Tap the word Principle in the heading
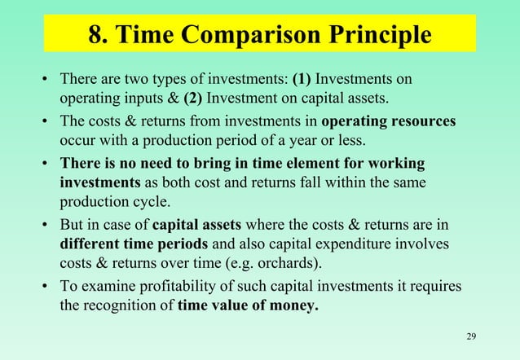tap(381, 37)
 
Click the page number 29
tap(471, 337)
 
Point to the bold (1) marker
tap(302, 80)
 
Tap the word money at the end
tap(292, 307)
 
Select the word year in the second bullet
tap(287, 142)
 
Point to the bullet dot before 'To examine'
tap(46, 288)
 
